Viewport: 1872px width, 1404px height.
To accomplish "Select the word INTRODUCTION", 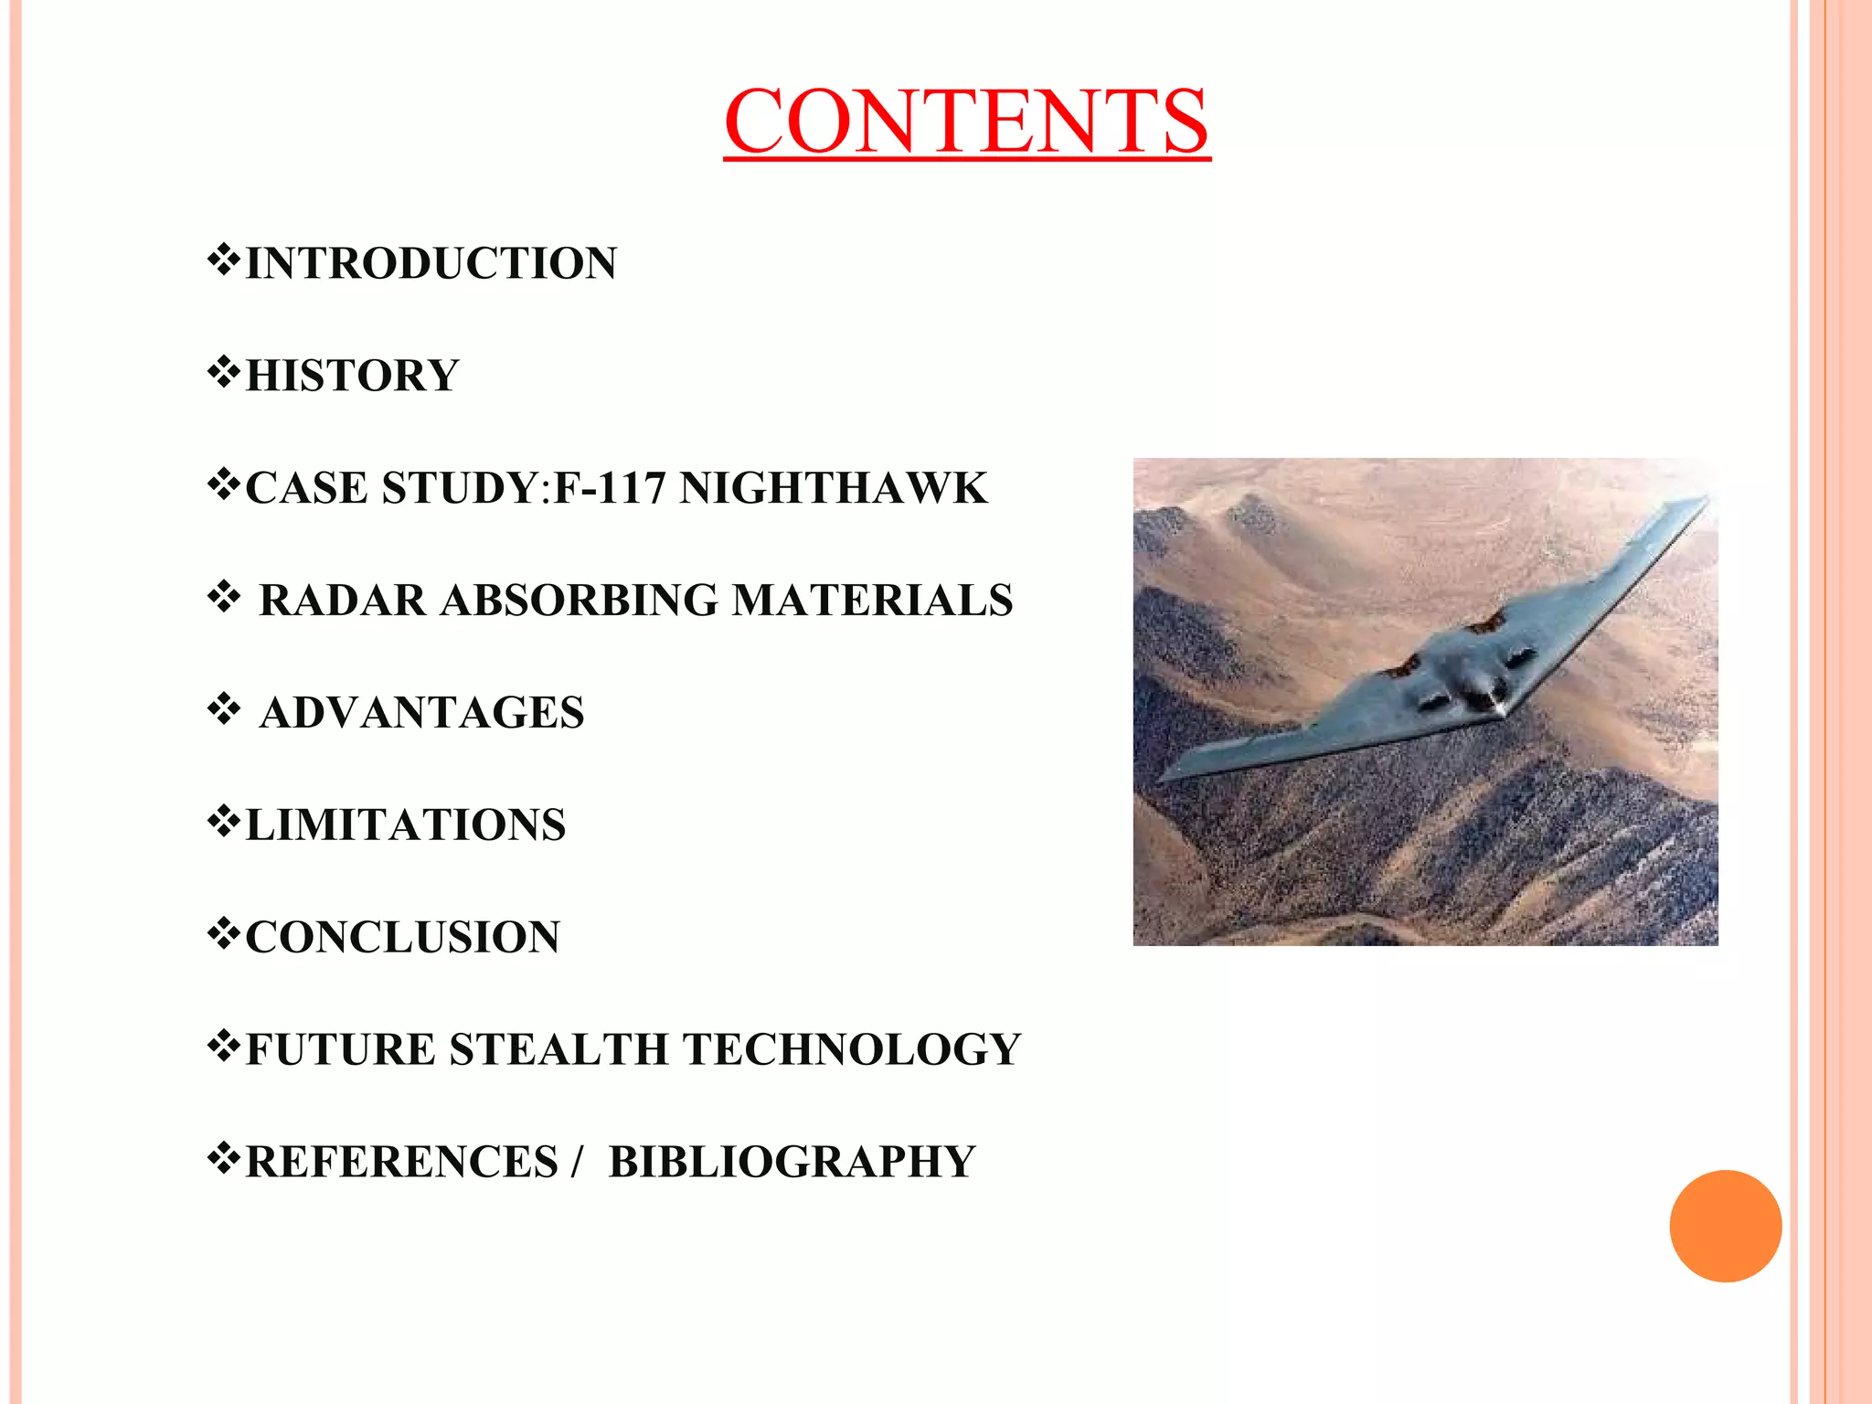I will tap(431, 263).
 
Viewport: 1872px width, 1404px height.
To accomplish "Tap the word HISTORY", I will tap(353, 376).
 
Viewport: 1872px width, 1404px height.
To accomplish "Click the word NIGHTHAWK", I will tap(833, 488).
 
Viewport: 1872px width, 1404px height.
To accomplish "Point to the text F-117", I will tap(610, 488).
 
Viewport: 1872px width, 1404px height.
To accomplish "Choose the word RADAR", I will tap(343, 601).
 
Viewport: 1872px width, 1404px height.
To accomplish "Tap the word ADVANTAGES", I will tap(421, 713).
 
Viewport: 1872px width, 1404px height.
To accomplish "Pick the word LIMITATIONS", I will tap(406, 824).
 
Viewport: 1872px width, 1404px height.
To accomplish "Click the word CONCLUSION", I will tap(403, 937).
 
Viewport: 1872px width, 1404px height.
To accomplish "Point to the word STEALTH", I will tap(558, 1049).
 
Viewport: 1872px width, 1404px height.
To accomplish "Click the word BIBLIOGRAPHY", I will tap(792, 1162).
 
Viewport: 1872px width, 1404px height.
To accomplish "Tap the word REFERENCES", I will tap(402, 1162).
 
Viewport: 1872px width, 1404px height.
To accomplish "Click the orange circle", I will tap(1725, 1226).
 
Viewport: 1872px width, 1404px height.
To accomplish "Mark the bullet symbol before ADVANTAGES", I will tap(224, 709).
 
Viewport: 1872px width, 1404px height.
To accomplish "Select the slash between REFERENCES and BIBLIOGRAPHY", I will tap(576, 1162).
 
